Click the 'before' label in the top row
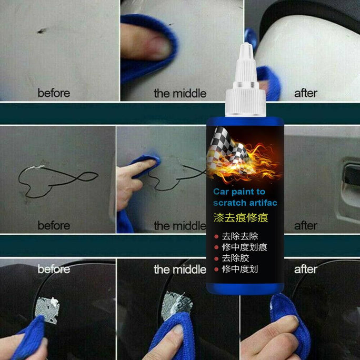coord(53,93)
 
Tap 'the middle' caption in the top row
coord(179,94)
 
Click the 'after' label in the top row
coord(305,93)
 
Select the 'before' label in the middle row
coord(53,226)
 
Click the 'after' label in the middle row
coord(305,226)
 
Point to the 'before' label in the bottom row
coord(53,269)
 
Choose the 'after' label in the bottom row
coord(305,269)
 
